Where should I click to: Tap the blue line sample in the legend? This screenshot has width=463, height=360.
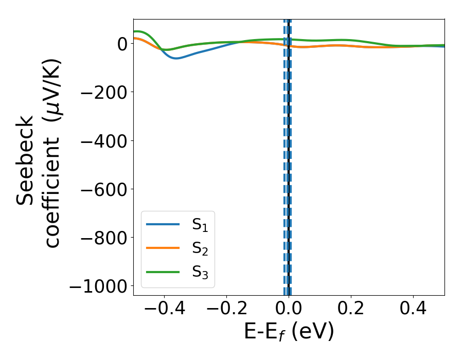tap(163, 224)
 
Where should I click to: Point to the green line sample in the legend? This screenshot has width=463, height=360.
tap(163, 272)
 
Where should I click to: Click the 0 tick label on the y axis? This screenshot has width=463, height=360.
tap(121, 44)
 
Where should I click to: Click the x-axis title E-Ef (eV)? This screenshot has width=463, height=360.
tap(289, 332)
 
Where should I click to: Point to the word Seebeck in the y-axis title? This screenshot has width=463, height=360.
tap(26, 160)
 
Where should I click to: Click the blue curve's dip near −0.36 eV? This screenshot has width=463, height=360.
tap(176, 58)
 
